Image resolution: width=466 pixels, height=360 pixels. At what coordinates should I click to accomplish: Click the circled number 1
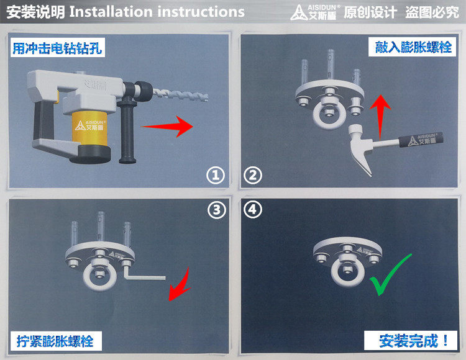pyautogui.click(x=216, y=175)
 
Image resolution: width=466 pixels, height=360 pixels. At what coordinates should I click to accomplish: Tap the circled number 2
pyautogui.click(x=253, y=175)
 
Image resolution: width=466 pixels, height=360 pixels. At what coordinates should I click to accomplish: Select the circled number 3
pyautogui.click(x=217, y=210)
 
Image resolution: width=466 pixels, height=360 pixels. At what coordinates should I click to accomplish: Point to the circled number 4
pyautogui.click(x=253, y=209)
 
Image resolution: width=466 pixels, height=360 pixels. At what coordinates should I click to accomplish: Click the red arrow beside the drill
pyautogui.click(x=167, y=127)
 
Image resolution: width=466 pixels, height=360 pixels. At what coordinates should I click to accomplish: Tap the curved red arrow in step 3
pyautogui.click(x=180, y=285)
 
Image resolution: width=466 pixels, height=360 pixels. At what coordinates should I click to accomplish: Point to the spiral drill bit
pyautogui.click(x=180, y=95)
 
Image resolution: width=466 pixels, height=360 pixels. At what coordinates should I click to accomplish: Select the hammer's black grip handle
pyautogui.click(x=421, y=140)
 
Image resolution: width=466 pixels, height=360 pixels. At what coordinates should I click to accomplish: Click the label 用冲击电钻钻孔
pyautogui.click(x=57, y=48)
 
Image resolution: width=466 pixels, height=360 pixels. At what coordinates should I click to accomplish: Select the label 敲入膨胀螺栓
pyautogui.click(x=413, y=47)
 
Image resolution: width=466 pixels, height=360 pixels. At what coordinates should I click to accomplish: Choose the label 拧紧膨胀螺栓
pyautogui.click(x=55, y=341)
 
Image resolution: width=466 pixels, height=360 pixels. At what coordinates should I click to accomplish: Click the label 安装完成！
pyautogui.click(x=411, y=340)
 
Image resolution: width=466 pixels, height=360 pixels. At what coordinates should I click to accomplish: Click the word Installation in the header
pyautogui.click(x=111, y=12)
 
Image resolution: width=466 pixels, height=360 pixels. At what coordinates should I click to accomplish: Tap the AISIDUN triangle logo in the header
pyautogui.click(x=298, y=12)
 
